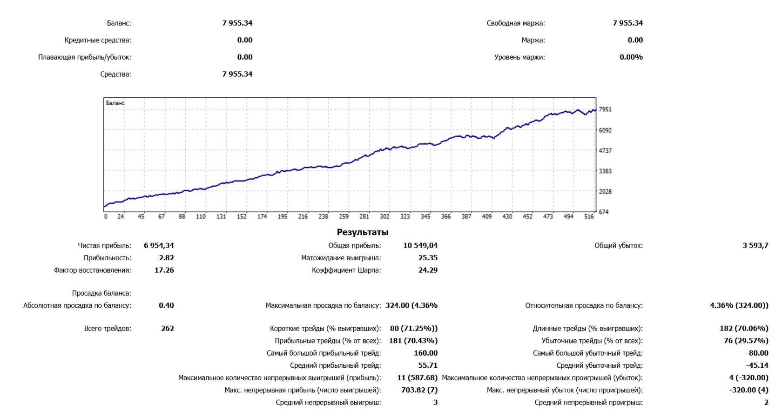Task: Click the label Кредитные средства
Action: pyautogui.click(x=98, y=40)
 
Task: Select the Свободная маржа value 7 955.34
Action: pyautogui.click(x=627, y=23)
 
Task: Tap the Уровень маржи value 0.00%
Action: pyautogui.click(x=631, y=57)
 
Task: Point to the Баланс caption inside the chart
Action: pyautogui.click(x=115, y=103)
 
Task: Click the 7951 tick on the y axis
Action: pyautogui.click(x=605, y=109)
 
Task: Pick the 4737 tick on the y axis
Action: pyautogui.click(x=605, y=151)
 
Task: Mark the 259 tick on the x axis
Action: pyautogui.click(x=344, y=216)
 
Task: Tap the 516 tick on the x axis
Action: pyautogui.click(x=589, y=216)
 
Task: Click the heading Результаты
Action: pyautogui.click(x=362, y=232)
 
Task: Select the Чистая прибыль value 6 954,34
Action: pyautogui.click(x=159, y=245)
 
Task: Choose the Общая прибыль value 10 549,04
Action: pyautogui.click(x=420, y=245)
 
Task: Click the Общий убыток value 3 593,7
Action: pyautogui.click(x=755, y=245)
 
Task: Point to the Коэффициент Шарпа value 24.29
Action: pyautogui.click(x=428, y=270)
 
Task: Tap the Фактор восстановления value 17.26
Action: pyautogui.click(x=164, y=270)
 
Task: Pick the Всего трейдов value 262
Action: pyautogui.click(x=167, y=328)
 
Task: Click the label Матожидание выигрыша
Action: pyautogui.click(x=341, y=258)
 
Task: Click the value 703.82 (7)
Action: pyautogui.click(x=419, y=390)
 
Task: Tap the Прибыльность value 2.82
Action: pyautogui.click(x=166, y=258)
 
